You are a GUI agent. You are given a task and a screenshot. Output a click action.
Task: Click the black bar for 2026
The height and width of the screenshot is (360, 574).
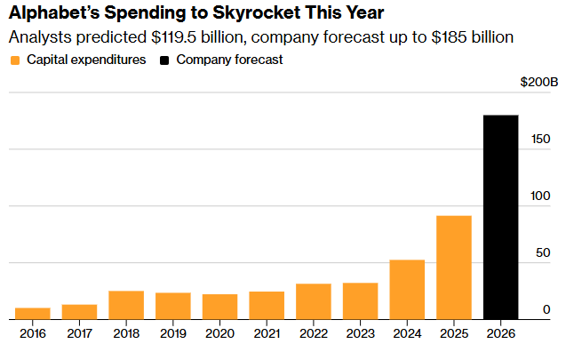[x=500, y=217]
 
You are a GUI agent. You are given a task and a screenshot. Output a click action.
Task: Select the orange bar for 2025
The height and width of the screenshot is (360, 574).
[x=453, y=267]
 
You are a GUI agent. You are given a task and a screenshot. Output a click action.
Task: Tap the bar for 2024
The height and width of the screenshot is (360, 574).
[x=407, y=289]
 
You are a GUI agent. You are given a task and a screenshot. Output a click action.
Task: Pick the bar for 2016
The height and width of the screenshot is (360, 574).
[x=33, y=313]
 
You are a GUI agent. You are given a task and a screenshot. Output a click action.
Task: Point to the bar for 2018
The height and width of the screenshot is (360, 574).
[x=126, y=305]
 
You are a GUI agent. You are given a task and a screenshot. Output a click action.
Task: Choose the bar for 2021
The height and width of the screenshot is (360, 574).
[x=267, y=305]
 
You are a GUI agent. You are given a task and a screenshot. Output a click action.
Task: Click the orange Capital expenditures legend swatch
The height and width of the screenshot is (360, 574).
[x=14, y=60]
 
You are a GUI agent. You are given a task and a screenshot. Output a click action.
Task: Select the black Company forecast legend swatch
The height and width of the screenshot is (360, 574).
[x=165, y=60]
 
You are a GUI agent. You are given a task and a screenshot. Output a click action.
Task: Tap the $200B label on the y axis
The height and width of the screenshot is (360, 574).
[x=538, y=83]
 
